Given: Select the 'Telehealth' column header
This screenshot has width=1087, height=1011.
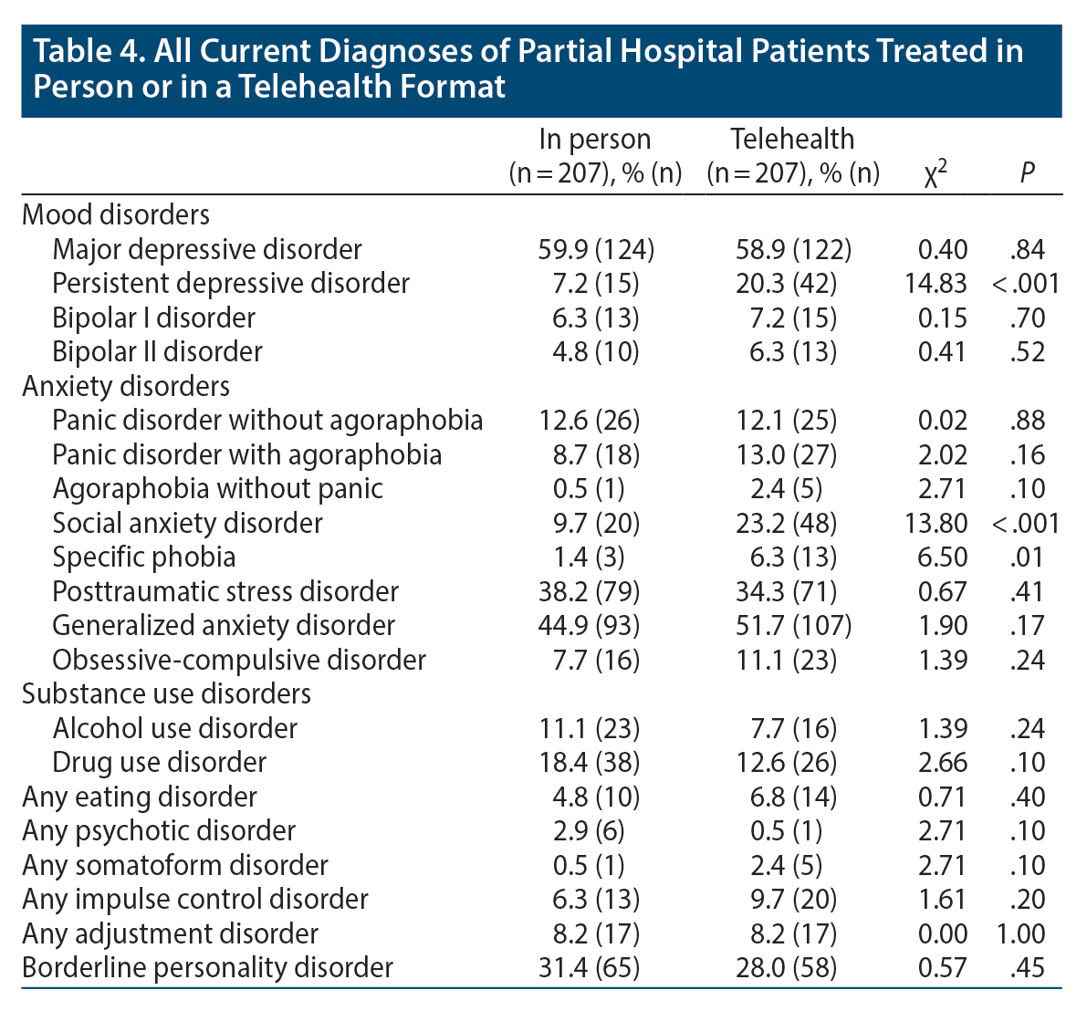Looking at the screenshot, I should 792,140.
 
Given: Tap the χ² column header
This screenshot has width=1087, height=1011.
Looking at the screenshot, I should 935,172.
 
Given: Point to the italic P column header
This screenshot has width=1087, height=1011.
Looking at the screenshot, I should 1028,172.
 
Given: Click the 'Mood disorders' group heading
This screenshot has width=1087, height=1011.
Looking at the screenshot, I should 116,214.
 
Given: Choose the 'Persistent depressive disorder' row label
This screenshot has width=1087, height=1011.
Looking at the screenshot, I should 231,283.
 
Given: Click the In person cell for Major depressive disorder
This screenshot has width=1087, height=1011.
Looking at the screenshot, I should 597,249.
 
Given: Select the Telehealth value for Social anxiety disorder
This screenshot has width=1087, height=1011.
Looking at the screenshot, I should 786,523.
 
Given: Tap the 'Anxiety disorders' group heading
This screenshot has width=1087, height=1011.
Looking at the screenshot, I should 126,386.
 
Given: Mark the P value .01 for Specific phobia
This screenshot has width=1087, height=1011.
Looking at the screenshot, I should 1028,557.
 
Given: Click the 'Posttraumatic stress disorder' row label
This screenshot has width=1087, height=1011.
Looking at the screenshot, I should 225,591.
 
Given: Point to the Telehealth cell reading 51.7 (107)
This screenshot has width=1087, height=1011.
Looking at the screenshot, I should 793,625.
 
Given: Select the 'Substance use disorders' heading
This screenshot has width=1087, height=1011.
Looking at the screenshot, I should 166,693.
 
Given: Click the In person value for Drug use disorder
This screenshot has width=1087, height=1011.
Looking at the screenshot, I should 589,762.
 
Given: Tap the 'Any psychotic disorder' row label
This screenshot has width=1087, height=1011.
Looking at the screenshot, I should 159,830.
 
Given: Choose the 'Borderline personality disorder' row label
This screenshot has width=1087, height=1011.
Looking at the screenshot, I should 208,967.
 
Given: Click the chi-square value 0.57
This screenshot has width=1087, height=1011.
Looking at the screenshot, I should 943,967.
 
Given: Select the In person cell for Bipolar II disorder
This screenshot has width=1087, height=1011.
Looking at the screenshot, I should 589,351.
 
